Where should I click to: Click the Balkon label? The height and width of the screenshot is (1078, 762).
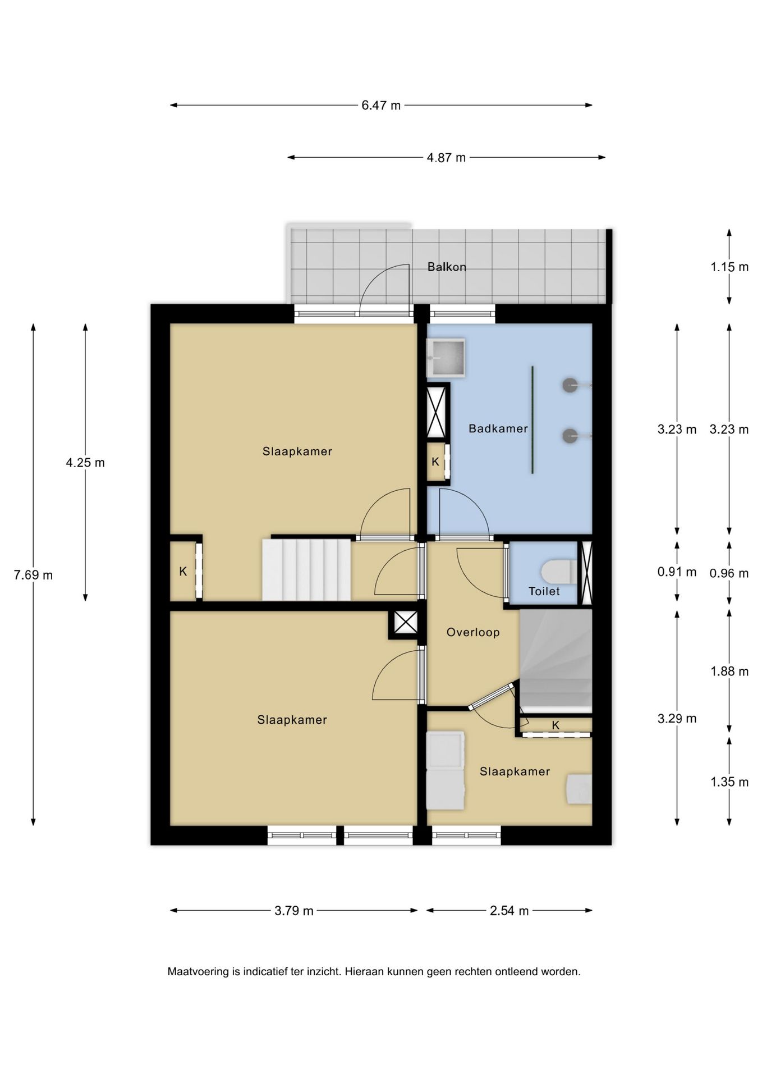(447, 267)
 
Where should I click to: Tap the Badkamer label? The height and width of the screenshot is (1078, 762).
(498, 428)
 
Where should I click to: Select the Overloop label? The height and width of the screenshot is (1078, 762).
(473, 632)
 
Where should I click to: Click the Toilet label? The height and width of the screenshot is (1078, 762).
(544, 591)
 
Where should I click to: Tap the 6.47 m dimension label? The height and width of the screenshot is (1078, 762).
(381, 105)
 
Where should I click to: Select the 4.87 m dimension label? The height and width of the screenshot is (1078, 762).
(446, 158)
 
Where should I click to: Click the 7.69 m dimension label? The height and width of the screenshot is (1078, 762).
(33, 575)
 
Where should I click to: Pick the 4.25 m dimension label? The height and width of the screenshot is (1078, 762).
(85, 463)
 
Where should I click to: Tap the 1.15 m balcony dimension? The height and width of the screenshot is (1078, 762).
(729, 267)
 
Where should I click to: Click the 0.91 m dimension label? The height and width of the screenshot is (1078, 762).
(677, 572)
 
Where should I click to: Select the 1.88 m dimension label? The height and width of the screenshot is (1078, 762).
(729, 672)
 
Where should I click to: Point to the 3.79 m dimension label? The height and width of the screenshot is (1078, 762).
(294, 911)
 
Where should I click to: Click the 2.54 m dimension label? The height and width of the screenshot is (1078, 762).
(509, 911)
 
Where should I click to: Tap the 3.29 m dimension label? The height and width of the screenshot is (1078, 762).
(677, 718)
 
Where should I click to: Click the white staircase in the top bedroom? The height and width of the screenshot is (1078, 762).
(306, 569)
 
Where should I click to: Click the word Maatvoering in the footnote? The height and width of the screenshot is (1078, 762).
(198, 971)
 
